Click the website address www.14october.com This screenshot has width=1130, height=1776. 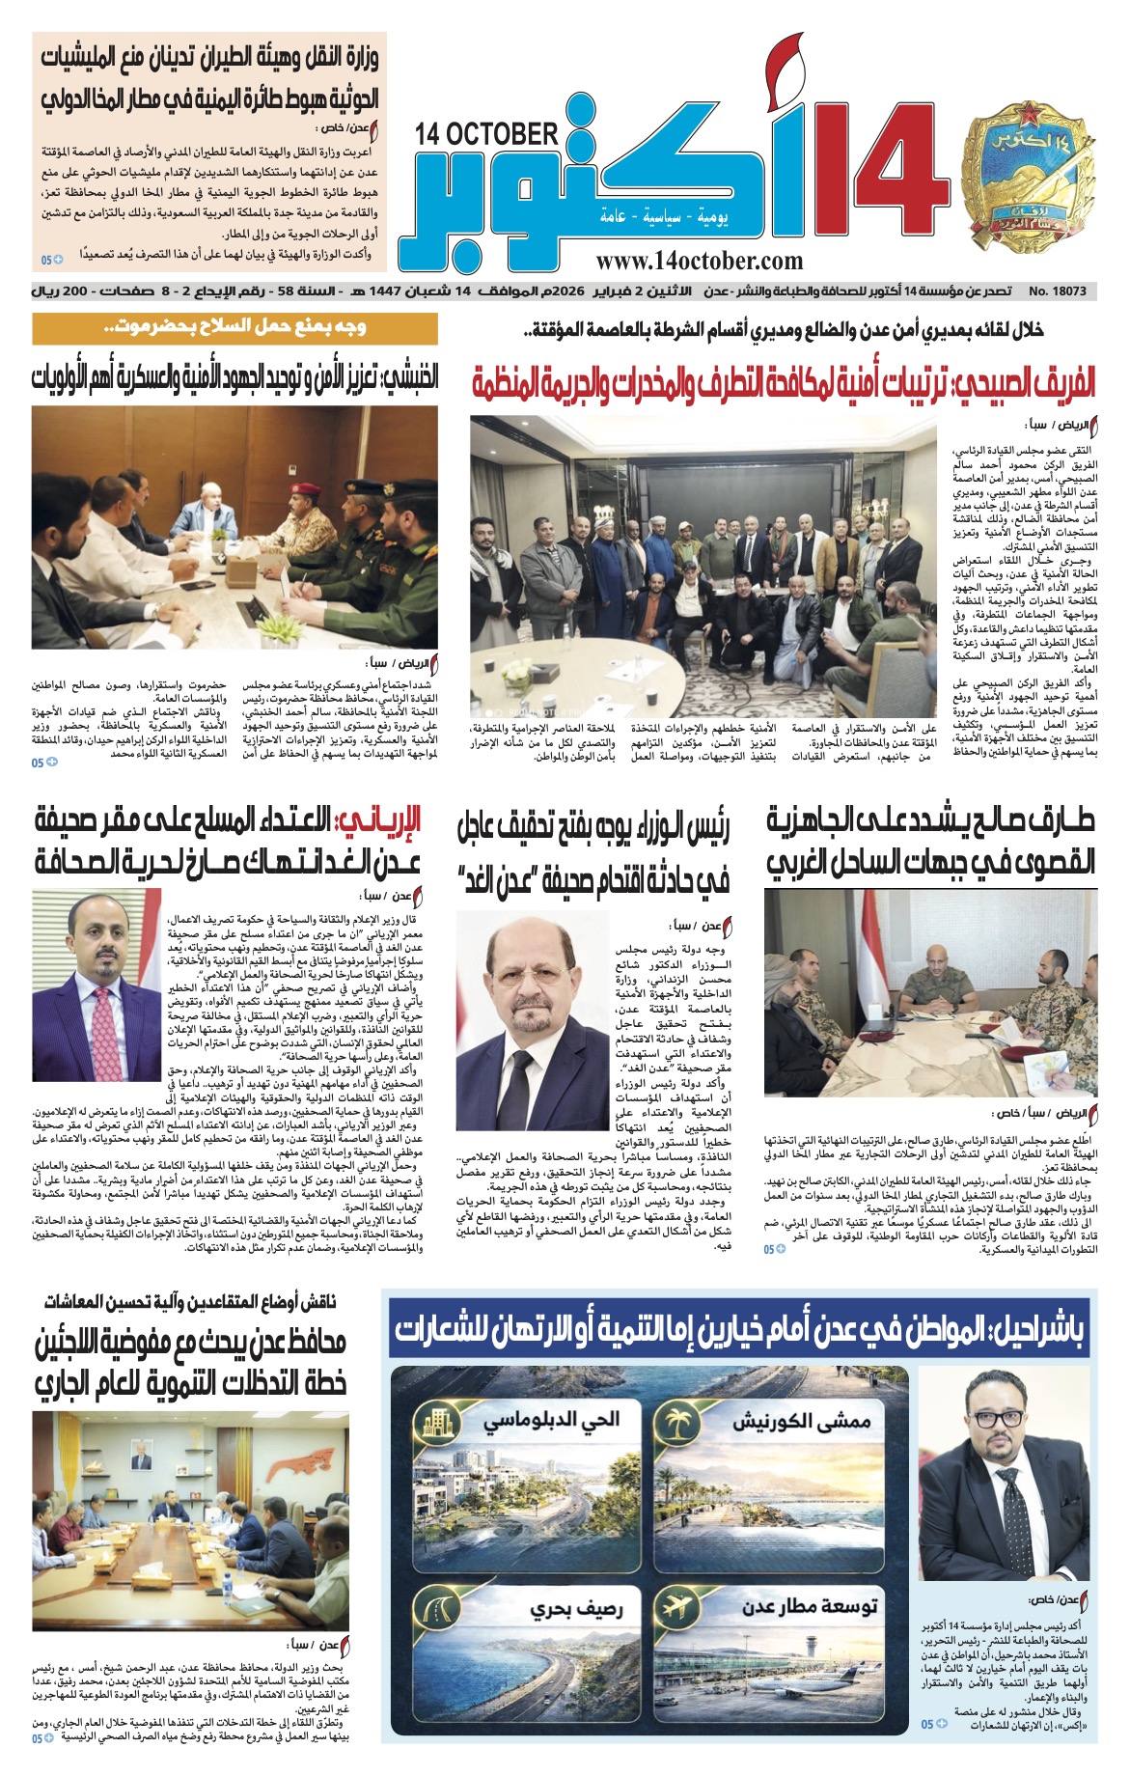[x=699, y=261]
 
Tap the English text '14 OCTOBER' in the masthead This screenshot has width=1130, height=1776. [x=487, y=134]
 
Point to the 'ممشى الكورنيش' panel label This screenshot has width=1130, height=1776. [x=802, y=1421]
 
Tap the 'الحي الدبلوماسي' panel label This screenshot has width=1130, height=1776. [x=551, y=1421]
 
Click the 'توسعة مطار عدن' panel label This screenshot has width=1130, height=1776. [x=810, y=1607]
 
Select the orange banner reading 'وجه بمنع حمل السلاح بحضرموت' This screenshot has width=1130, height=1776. [x=234, y=328]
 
